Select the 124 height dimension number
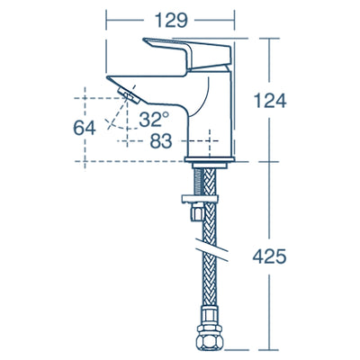pos(271,102)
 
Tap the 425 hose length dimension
pos(271,256)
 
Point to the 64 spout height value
pos(85,127)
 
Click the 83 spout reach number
pos(161,140)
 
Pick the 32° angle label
pos(154,119)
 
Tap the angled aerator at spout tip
pos(129,92)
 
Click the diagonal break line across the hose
pos(209,244)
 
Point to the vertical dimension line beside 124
pos(271,63)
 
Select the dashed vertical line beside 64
pos(83,103)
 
